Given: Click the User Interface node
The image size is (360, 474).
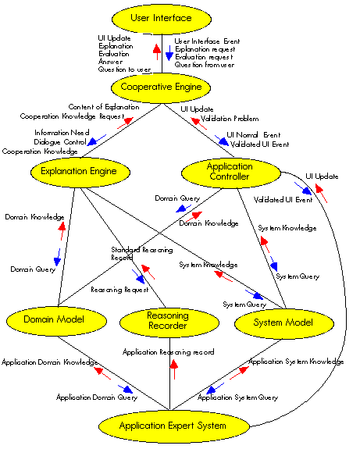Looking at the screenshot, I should click(x=162, y=18).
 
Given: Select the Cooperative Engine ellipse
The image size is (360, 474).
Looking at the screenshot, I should click(x=162, y=87).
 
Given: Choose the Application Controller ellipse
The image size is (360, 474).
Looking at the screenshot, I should click(x=230, y=172).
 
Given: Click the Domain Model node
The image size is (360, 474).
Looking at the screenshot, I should click(x=54, y=319).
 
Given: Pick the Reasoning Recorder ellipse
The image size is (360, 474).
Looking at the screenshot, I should click(x=168, y=321).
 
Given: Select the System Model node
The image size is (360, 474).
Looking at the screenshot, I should click(x=284, y=322).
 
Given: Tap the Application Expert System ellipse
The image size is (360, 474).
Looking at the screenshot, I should click(x=173, y=426).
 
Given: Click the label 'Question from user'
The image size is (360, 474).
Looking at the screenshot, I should click(x=205, y=68).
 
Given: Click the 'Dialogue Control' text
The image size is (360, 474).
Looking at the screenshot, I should click(x=60, y=142).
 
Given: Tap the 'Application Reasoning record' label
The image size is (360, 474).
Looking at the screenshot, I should click(x=168, y=352).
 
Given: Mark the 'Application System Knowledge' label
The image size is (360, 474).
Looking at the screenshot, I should click(x=295, y=362).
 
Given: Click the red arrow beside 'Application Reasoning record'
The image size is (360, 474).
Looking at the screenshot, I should click(x=174, y=369).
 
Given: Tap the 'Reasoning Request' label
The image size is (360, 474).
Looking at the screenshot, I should click(x=119, y=289).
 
